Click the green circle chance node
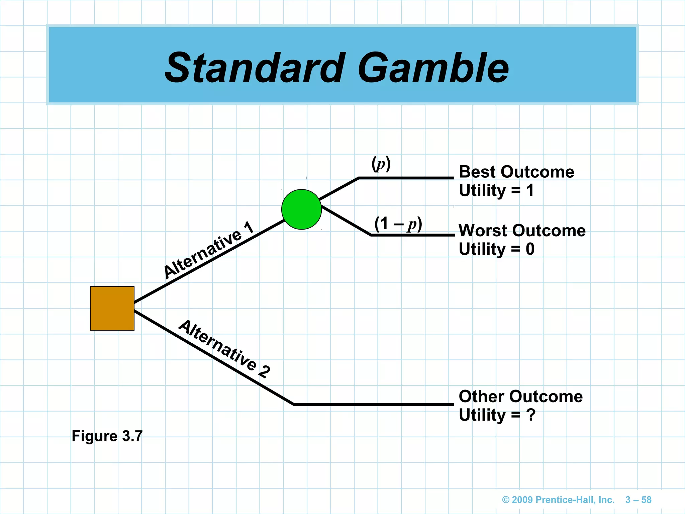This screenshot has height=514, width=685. [301, 209]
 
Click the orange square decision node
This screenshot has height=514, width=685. [112, 308]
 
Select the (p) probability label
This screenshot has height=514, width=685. [381, 164]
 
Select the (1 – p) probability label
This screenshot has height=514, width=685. [398, 224]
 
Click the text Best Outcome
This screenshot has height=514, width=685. [516, 172]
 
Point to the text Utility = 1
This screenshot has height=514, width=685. [496, 190]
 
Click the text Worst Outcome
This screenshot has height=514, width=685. [522, 231]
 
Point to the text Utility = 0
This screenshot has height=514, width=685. [496, 249]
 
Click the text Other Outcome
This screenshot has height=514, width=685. [520, 397]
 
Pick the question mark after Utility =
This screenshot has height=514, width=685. [531, 415]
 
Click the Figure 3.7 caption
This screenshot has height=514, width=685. [107, 436]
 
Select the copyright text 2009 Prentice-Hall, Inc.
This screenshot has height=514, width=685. [558, 500]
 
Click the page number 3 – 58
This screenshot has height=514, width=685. [638, 500]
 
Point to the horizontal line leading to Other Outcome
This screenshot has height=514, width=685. [373, 405]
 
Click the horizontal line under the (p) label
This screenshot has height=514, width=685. [405, 178]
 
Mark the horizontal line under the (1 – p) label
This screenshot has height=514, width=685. [412, 235]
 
